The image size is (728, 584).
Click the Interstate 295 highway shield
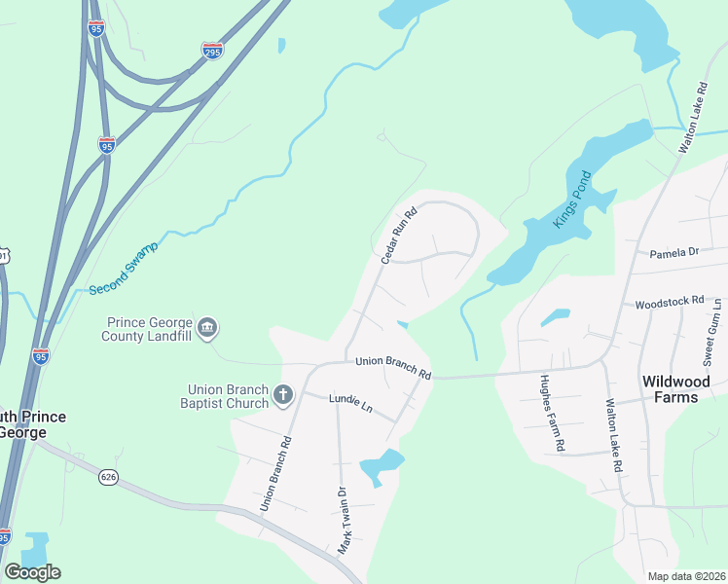click(x=212, y=50)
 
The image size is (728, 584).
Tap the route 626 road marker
click(x=108, y=477)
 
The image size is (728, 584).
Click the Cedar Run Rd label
click(x=398, y=235)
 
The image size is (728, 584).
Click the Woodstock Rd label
click(x=669, y=303)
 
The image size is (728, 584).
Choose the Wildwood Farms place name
click(x=675, y=389)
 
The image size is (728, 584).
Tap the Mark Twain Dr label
click(x=342, y=520)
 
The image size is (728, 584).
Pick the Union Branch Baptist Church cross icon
click(x=283, y=394)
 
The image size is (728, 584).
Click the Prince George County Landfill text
click(x=148, y=330)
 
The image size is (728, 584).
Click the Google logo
click(x=32, y=572)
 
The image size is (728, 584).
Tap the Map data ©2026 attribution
click(x=685, y=576)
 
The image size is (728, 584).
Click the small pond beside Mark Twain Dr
click(x=381, y=467)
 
